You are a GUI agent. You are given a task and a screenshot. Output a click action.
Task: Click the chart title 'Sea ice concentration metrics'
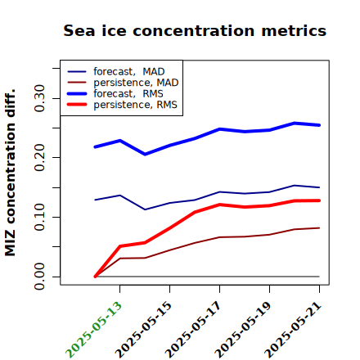(195, 30)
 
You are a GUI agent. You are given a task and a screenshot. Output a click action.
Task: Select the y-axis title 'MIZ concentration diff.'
(10, 173)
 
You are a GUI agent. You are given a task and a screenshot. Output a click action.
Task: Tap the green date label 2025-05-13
(93, 330)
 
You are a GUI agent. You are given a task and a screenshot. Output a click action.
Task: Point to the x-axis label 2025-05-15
(143, 330)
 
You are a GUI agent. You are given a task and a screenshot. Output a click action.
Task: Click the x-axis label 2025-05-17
(193, 330)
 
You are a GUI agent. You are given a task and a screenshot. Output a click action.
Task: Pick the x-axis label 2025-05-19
(243, 330)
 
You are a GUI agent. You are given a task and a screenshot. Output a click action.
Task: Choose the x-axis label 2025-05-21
(293, 330)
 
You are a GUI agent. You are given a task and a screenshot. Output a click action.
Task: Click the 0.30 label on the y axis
(39, 98)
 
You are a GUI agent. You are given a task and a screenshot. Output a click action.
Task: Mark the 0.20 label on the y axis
(39, 158)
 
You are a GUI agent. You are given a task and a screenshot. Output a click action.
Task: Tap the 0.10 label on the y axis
(39, 217)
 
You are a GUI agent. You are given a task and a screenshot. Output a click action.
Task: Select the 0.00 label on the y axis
(39, 277)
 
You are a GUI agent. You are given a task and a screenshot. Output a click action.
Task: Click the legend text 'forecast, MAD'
(129, 72)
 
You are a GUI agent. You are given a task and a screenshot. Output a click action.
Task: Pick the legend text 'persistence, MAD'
(136, 83)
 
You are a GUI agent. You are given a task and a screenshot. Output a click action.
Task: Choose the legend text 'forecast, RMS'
(128, 94)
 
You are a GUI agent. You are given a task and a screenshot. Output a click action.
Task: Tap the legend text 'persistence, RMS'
(135, 105)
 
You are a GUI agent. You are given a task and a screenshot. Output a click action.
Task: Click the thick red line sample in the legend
(77, 105)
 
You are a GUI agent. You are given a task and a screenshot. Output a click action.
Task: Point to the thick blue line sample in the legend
(77, 93)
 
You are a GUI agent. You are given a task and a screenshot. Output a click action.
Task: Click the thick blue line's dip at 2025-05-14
(145, 155)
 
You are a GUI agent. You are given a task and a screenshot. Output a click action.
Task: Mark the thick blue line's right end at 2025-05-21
(319, 125)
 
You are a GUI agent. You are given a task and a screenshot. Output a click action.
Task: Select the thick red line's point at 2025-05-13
(120, 246)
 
